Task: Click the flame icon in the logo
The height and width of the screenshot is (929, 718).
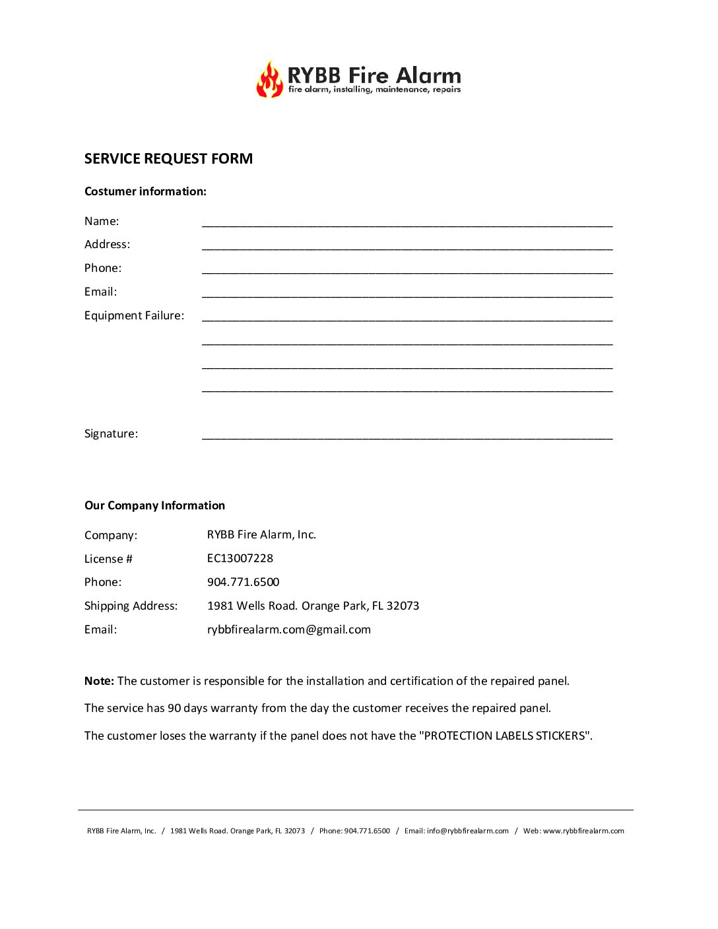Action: (x=269, y=80)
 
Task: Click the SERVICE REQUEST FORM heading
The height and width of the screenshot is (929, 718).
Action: (x=168, y=159)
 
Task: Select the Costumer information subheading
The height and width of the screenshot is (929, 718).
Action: (x=145, y=191)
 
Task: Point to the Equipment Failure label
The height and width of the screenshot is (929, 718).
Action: (x=134, y=315)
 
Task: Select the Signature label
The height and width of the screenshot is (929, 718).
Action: (x=111, y=433)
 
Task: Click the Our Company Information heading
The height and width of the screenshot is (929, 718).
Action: (x=154, y=505)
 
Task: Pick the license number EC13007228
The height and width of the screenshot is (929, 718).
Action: (x=240, y=558)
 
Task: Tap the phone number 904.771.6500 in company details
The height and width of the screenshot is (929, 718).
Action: (x=243, y=582)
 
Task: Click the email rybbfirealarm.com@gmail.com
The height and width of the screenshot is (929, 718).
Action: (x=288, y=629)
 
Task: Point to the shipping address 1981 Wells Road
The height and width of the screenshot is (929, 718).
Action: (x=313, y=606)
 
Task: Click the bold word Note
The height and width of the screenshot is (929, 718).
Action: (x=99, y=681)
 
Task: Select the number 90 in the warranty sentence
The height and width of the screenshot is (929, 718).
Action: (x=174, y=708)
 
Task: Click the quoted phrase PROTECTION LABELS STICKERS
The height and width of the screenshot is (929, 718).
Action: (x=505, y=736)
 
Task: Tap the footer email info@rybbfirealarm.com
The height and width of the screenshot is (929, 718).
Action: (x=467, y=831)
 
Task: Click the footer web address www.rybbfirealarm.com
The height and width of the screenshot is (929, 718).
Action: (x=583, y=831)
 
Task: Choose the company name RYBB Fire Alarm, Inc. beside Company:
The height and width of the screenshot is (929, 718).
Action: (x=261, y=534)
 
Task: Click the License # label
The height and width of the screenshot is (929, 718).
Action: (x=108, y=559)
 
